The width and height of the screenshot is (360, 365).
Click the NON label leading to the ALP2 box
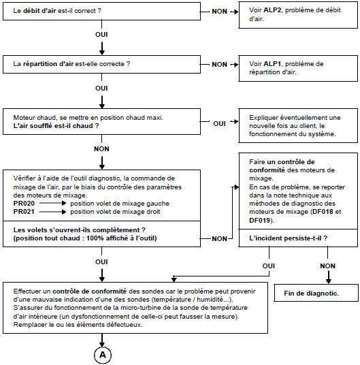(219, 12)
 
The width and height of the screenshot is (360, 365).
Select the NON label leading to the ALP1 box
(219, 64)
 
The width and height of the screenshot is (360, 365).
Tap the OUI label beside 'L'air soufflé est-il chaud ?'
(219, 123)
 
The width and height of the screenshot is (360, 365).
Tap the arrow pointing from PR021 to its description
(50, 212)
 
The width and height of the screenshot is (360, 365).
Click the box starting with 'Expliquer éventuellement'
(295, 125)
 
